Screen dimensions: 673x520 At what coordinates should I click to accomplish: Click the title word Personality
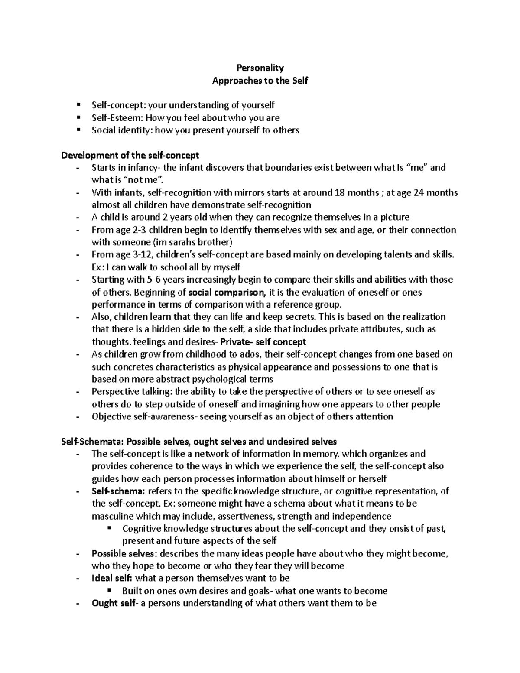[260, 68]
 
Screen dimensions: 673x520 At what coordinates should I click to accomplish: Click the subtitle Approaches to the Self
[260, 80]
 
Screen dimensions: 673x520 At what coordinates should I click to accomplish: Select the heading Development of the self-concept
[130, 155]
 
